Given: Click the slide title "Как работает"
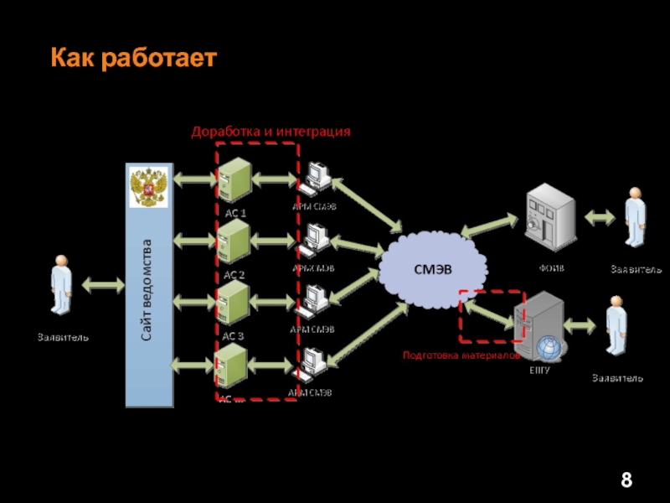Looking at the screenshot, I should pyautogui.click(x=133, y=58).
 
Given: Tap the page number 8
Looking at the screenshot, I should pyautogui.click(x=626, y=481).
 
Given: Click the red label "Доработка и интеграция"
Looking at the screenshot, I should pyautogui.click(x=271, y=132).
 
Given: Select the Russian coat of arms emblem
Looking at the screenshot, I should pyautogui.click(x=149, y=186).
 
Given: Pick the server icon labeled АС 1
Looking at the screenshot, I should pyautogui.click(x=234, y=180).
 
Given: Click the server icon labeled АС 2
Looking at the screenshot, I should pyautogui.click(x=234, y=242).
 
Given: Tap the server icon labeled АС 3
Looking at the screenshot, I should pyautogui.click(x=234, y=303).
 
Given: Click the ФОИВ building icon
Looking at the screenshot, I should pyautogui.click(x=549, y=219).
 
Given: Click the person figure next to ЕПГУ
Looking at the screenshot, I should pyautogui.click(x=616, y=332).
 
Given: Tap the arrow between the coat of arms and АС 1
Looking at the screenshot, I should pyautogui.click(x=193, y=179).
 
